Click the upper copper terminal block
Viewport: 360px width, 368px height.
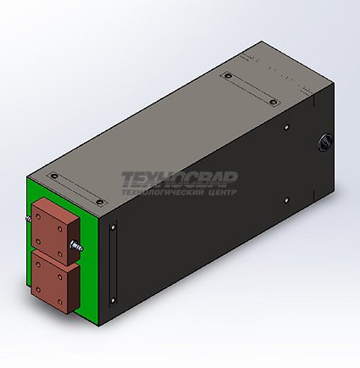[54, 231]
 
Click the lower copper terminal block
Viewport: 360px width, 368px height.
[54, 283]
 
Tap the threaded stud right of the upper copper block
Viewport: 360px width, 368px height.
[77, 245]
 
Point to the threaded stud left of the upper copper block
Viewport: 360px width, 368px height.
[29, 219]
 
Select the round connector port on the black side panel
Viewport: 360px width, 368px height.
[324, 142]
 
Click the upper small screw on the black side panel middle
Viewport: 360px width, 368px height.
[287, 126]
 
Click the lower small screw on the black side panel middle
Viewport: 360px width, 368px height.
[287, 200]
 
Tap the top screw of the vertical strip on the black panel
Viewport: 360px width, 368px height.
[113, 227]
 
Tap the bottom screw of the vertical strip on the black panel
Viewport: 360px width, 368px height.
[113, 300]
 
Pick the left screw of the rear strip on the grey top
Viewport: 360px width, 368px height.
[228, 75]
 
